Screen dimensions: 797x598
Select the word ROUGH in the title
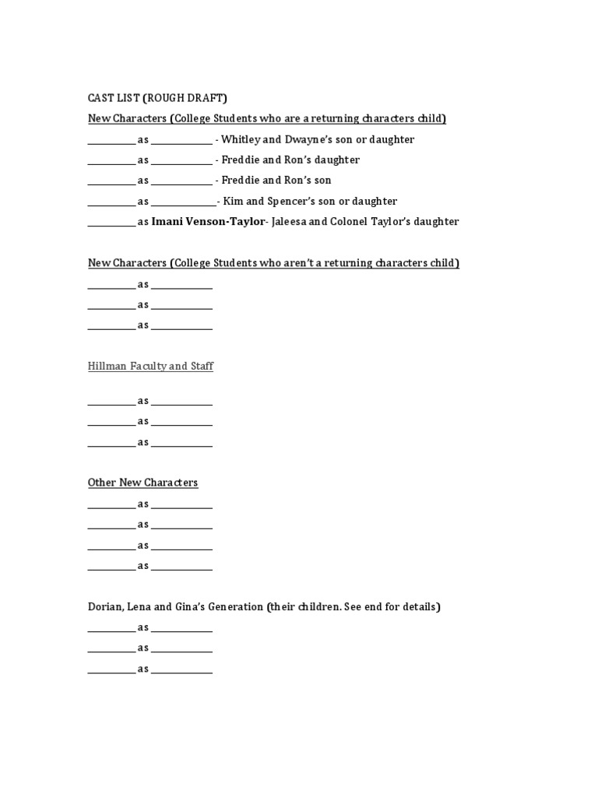[165, 98]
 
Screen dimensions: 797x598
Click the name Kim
[234, 201]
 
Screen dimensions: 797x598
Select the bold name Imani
[167, 221]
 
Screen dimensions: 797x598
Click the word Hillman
[107, 366]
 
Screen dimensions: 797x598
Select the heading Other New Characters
[142, 483]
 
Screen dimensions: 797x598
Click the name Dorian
[104, 606]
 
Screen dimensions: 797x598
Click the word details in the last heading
[420, 606]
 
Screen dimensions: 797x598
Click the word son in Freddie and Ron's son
[322, 181]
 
